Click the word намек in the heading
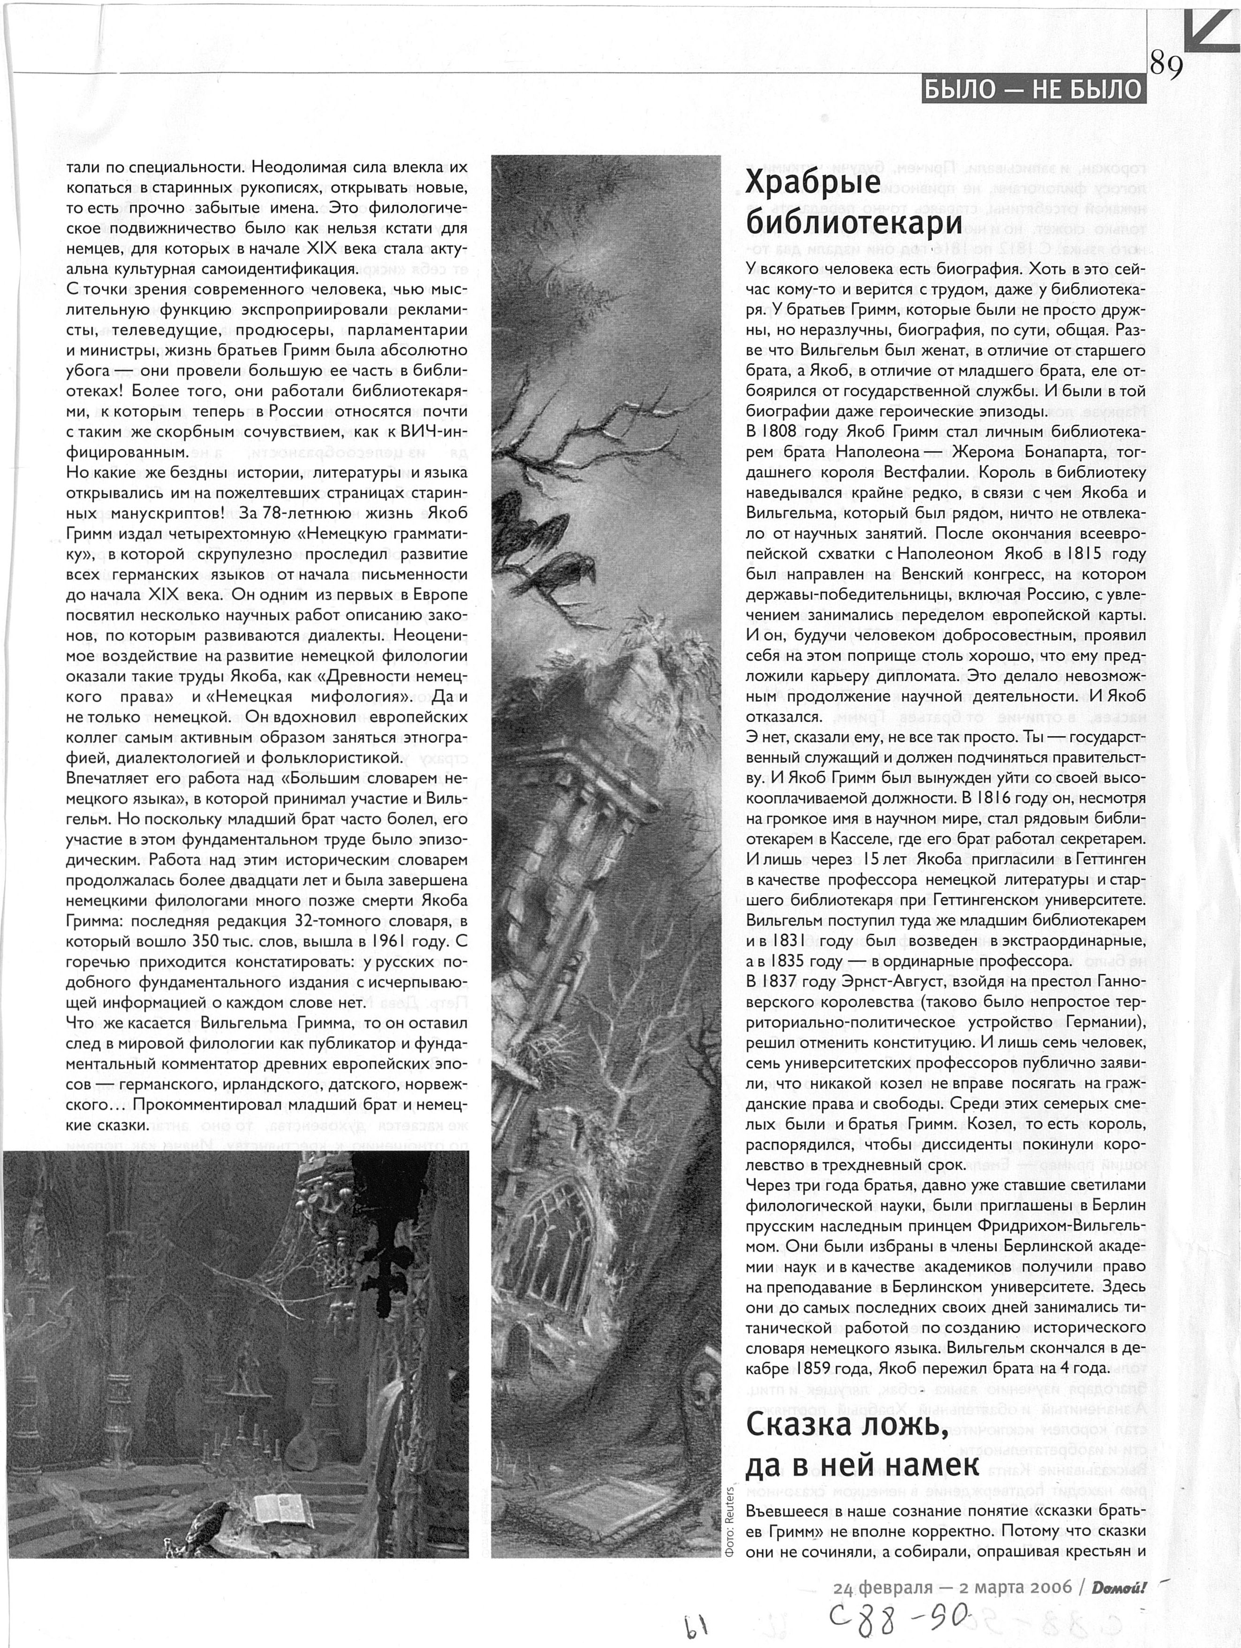931,1466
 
